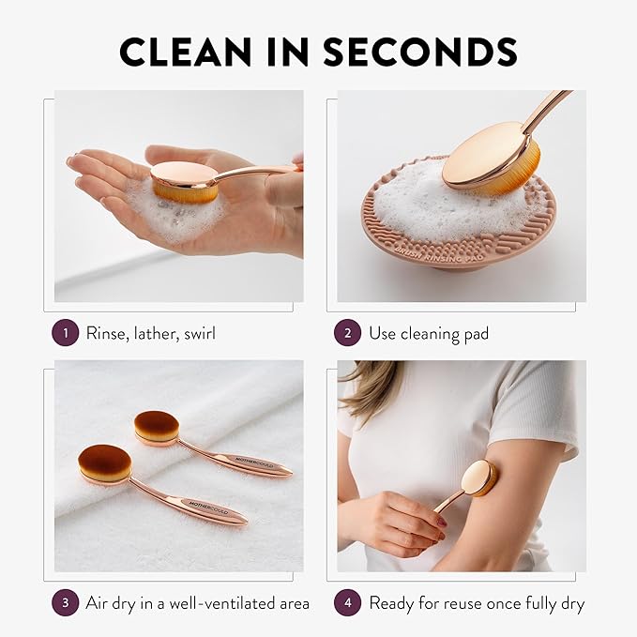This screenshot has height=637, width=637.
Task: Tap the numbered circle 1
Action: (66, 332)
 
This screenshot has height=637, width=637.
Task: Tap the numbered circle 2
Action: (348, 332)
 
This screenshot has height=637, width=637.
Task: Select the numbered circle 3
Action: (66, 602)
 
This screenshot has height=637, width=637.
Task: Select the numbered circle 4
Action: (348, 602)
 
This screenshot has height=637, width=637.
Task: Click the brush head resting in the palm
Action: (185, 179)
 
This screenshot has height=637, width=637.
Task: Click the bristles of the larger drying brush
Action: (103, 463)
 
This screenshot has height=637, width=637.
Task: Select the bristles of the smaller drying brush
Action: (156, 426)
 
